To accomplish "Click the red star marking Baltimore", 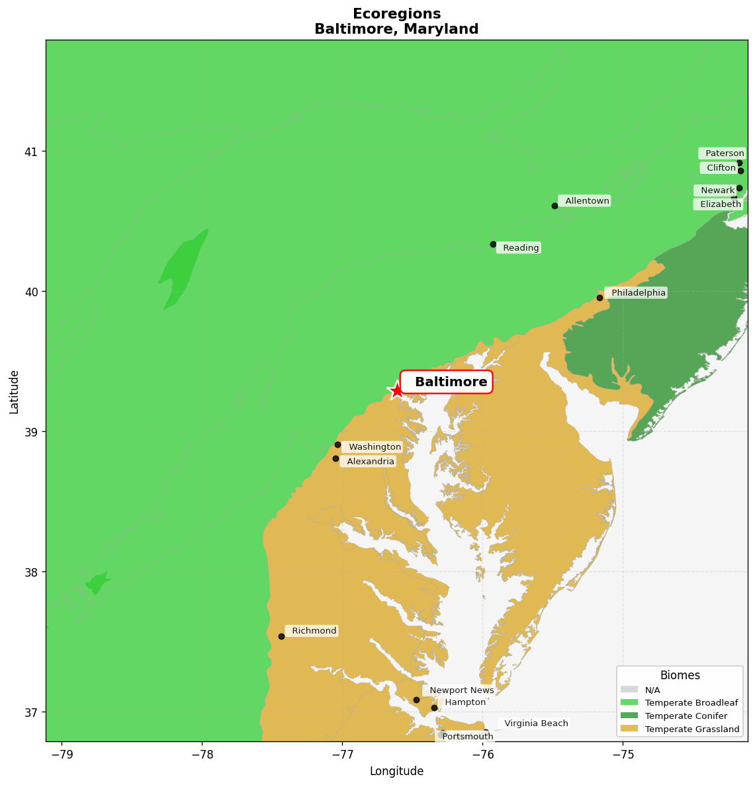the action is pos(396,390).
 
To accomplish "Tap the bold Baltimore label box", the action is pos(447,382).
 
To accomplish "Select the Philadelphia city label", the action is pos(637,293).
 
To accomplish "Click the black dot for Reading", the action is pos(493,244).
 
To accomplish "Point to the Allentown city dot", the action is pos(555,206).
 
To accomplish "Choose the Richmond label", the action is pos(312,631).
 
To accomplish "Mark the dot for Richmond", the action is pos(281,636).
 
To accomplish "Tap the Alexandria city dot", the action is pos(335,458).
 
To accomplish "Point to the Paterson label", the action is pos(723,153).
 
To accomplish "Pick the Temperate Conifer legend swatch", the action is pos(629,716).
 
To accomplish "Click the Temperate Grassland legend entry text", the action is pos(692,729).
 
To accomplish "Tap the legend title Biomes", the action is pos(680,675).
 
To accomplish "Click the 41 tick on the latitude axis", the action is pos(31,151).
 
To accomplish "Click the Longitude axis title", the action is pos(396,771).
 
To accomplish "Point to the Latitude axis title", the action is pos(15,392).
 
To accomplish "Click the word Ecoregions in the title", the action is pos(396,14).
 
